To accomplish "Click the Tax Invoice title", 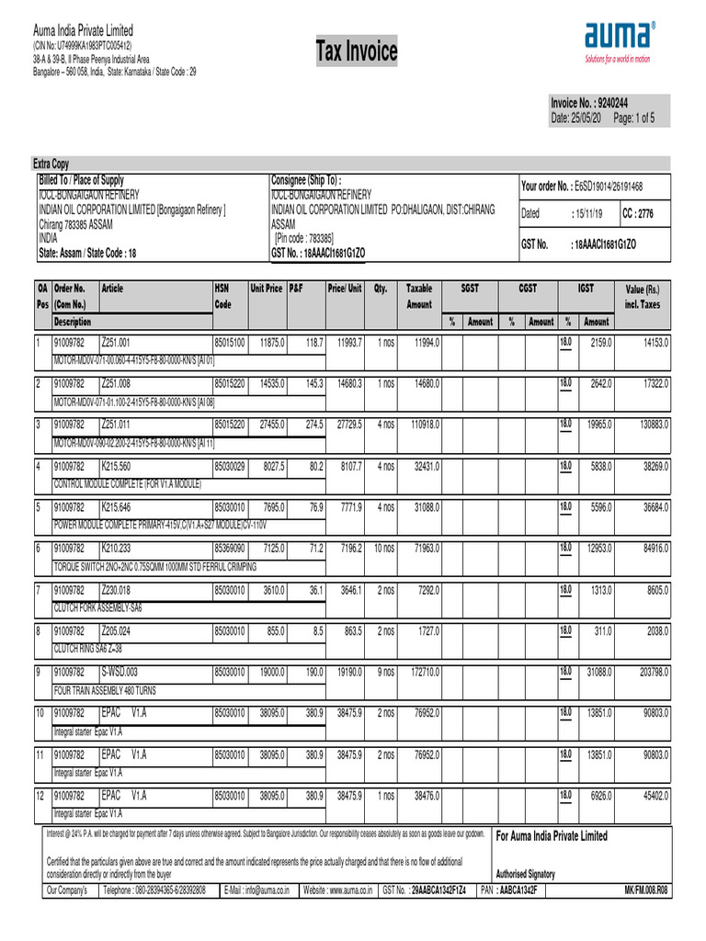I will [x=357, y=52].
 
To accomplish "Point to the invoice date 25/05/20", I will [x=576, y=119].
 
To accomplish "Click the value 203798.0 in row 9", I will [x=647, y=673].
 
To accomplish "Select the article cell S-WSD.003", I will [x=120, y=672].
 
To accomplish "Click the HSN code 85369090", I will [x=230, y=549].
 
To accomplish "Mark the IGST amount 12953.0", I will [x=596, y=549].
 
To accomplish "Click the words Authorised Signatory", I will [x=526, y=873].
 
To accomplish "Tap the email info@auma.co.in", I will [x=259, y=890].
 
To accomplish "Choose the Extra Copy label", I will [x=51, y=164].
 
